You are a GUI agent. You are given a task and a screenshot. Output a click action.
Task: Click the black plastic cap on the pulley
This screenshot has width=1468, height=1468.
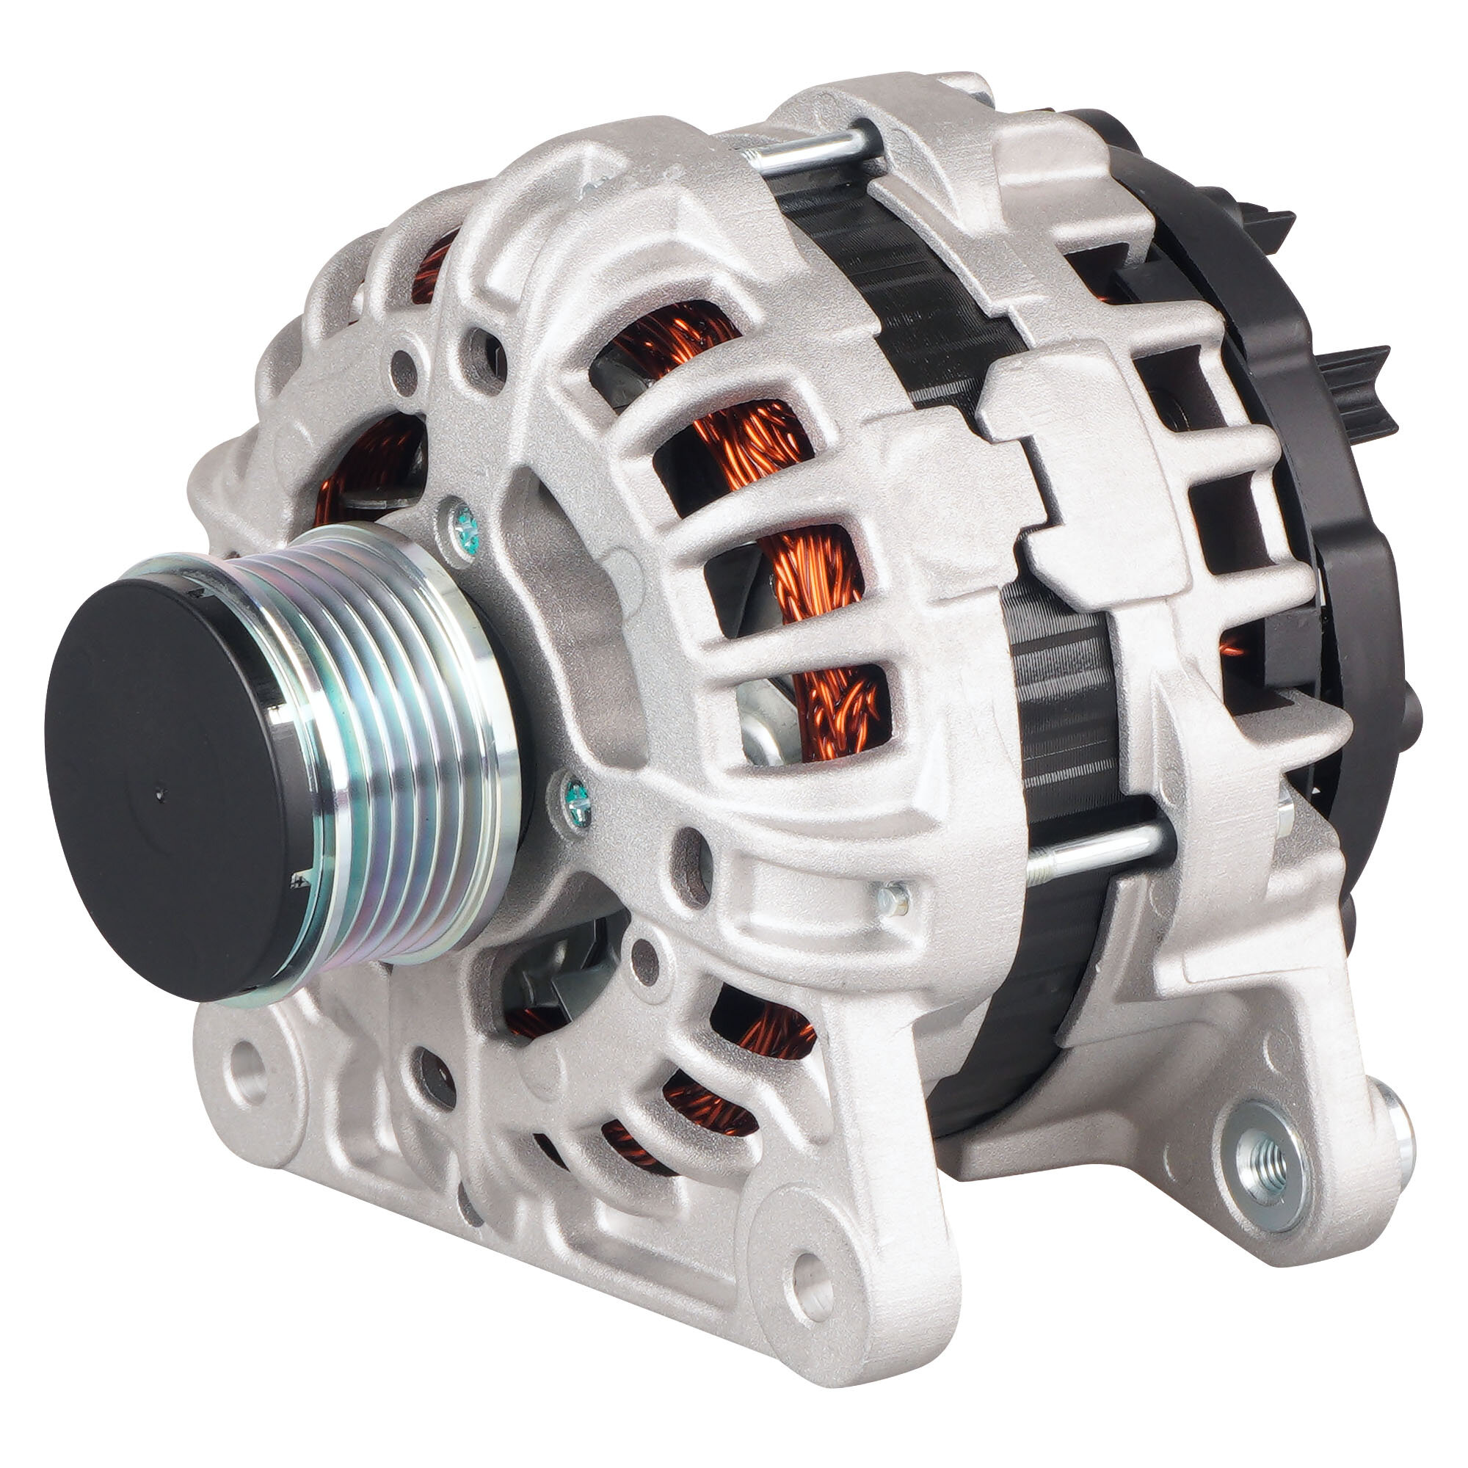point(171,782)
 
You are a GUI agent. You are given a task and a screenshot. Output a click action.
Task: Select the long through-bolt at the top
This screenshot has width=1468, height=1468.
point(809,149)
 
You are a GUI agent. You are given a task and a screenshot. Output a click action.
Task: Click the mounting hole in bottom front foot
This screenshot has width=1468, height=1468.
point(811,1270)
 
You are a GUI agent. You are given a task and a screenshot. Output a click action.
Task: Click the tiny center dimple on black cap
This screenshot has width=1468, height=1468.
point(160,795)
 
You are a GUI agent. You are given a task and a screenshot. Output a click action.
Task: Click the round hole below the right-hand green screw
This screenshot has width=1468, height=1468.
point(691,857)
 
